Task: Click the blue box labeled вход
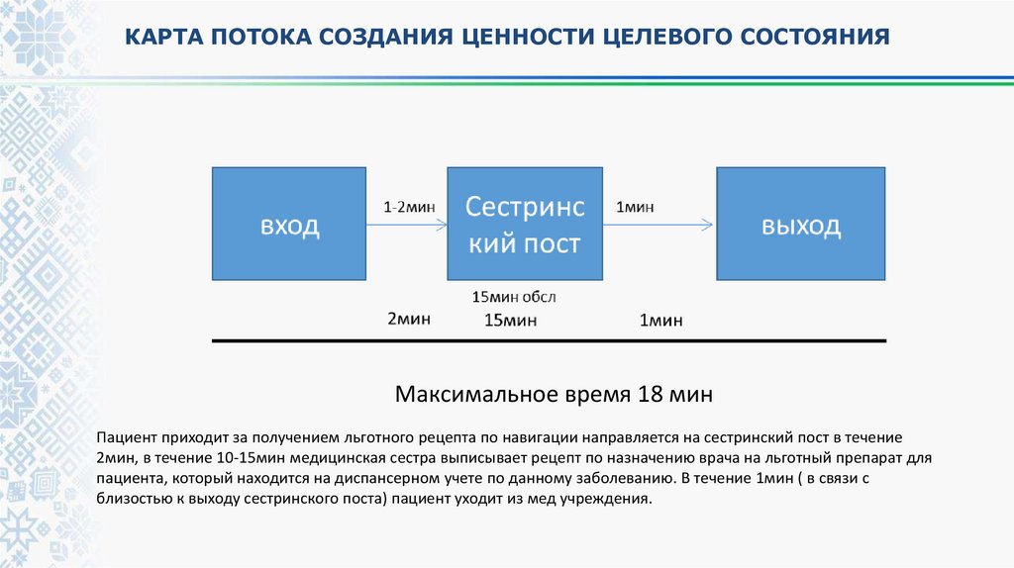pos(289,224)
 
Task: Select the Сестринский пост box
pos(525,224)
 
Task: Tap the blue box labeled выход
pos(801,224)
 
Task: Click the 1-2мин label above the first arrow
pos(409,207)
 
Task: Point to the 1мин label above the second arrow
pos(635,207)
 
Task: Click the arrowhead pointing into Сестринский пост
pos(441,226)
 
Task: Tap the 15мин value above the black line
pos(510,320)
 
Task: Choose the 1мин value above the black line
pos(660,320)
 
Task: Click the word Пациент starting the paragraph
pos(127,436)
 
